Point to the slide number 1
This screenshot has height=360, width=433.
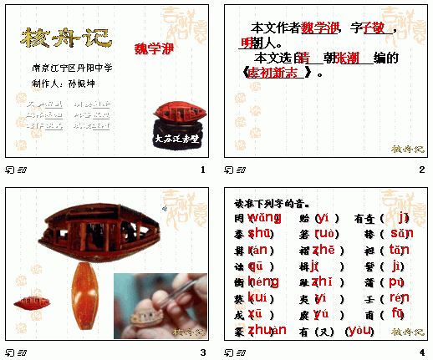(x=202, y=170)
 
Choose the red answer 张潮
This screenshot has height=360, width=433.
(x=347, y=58)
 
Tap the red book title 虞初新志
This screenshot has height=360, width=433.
(x=276, y=73)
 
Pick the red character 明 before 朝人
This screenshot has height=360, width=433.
(x=247, y=43)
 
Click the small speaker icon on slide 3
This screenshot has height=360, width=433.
(x=165, y=208)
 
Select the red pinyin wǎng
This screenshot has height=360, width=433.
(x=262, y=217)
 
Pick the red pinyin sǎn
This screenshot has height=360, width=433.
(x=401, y=233)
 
